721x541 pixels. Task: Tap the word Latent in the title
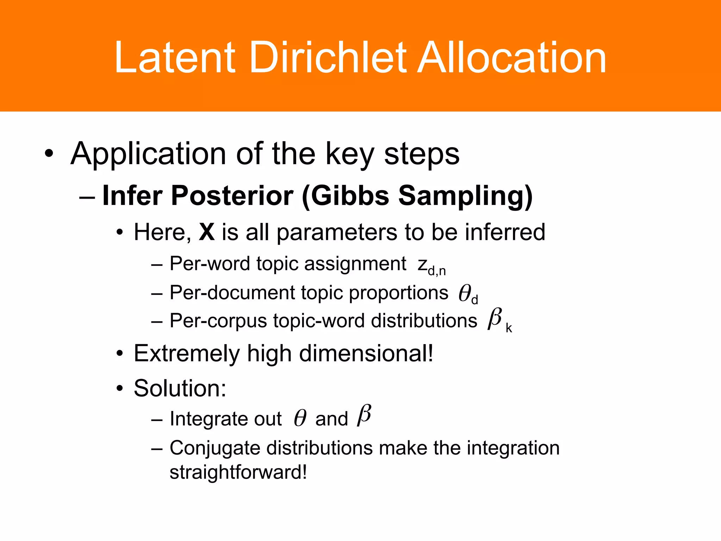tap(175, 57)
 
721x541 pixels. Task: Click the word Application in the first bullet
tap(148, 154)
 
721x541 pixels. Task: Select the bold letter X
tap(207, 232)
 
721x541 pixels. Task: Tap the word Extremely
tap(187, 353)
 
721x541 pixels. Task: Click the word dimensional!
tap(366, 353)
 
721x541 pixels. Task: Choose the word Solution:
tap(180, 388)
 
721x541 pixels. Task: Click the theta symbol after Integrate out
tap(300, 418)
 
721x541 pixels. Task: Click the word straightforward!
tap(238, 472)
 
